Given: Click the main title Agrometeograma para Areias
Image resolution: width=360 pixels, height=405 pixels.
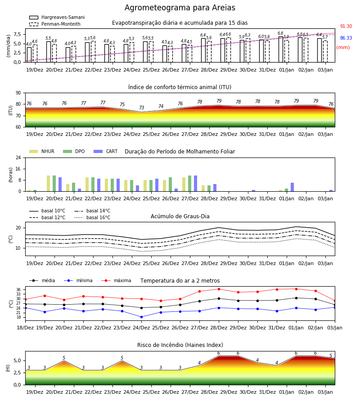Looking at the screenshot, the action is pyautogui.click(x=180, y=8).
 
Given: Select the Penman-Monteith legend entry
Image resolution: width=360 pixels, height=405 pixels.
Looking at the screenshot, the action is pyautogui.click(x=55, y=24).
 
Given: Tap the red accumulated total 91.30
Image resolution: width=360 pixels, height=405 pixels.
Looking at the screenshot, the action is pyautogui.click(x=346, y=27).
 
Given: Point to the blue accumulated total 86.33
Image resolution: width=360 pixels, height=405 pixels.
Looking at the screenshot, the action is pyautogui.click(x=346, y=38).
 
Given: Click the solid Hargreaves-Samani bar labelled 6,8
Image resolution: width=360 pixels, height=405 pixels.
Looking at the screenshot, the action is pyautogui.click(x=281, y=49).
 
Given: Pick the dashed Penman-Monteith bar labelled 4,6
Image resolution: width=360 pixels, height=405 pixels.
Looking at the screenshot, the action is pyautogui.click(x=35, y=54).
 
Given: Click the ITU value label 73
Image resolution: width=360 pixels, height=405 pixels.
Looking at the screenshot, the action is pyautogui.click(x=141, y=108).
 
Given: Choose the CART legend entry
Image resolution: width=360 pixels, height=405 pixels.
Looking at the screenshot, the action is pyautogui.click(x=106, y=151).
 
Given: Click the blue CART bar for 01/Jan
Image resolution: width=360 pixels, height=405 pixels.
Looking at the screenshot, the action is pyautogui.click(x=292, y=187).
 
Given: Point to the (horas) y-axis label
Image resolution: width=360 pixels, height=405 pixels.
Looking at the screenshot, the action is pyautogui.click(x=11, y=175).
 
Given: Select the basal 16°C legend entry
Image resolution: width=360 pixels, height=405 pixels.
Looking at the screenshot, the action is pyautogui.click(x=92, y=217).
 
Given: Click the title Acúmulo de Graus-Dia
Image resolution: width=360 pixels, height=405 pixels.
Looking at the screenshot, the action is pyautogui.click(x=180, y=216).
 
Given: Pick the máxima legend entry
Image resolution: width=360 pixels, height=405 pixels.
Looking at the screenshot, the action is pyautogui.click(x=116, y=280).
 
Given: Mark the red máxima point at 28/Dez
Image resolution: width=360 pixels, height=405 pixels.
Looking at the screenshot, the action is pyautogui.click(x=219, y=289).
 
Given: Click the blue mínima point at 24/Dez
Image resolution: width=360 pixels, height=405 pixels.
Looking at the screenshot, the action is pyautogui.click(x=141, y=317).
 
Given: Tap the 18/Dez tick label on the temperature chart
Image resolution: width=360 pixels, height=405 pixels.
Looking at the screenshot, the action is pyautogui.click(x=25, y=328).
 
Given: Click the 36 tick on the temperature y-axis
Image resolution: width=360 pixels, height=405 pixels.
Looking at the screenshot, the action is pyautogui.click(x=19, y=289).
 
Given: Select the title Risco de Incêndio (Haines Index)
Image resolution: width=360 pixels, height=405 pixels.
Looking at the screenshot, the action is pyautogui.click(x=180, y=345).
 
